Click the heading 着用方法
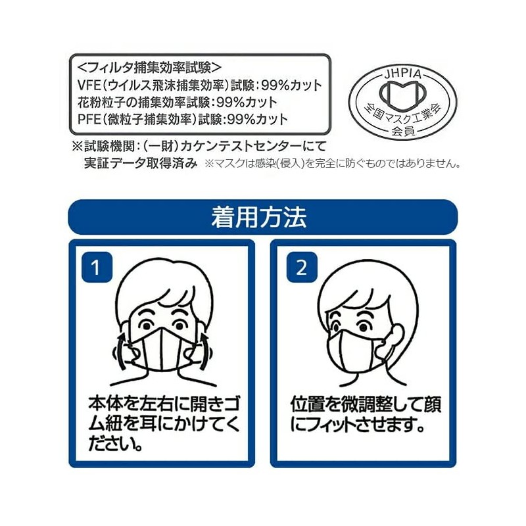[263, 216]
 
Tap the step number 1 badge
[97, 267]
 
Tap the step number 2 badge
[301, 267]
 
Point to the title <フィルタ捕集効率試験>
[149, 67]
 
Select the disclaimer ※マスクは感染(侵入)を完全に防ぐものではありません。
[333, 163]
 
